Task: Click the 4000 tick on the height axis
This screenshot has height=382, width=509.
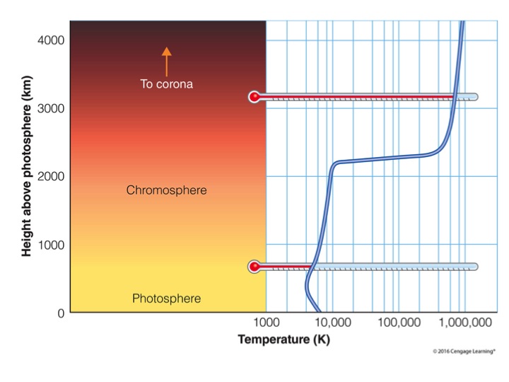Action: [x=50, y=40]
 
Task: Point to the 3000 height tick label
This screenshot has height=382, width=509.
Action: [x=50, y=108]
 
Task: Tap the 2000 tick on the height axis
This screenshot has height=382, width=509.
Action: [x=50, y=176]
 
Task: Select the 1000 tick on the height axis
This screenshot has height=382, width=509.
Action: [x=50, y=245]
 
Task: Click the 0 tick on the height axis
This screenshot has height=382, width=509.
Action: [x=61, y=313]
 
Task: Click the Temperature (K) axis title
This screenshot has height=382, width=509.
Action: [x=283, y=340]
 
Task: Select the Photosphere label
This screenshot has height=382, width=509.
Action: [x=166, y=299]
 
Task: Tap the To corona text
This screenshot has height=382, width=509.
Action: [x=167, y=84]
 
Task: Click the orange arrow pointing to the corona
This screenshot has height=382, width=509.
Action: [x=167, y=61]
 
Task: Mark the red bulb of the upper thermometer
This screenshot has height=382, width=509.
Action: [x=255, y=97]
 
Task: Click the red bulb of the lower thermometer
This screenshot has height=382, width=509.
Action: [x=255, y=267]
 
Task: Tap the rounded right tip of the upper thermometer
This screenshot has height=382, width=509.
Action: [x=475, y=97]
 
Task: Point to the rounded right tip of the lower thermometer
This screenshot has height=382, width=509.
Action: [x=475, y=267]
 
